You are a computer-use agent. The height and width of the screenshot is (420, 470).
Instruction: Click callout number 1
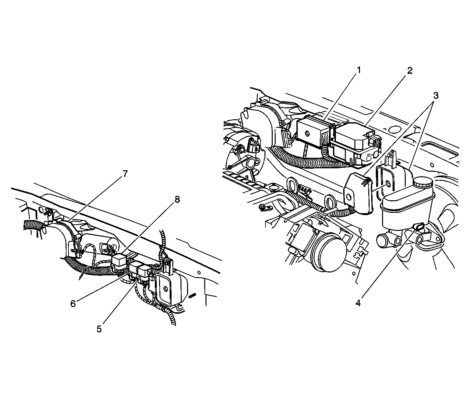[x=358, y=70]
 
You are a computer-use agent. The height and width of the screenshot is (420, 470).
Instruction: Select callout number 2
[x=410, y=70]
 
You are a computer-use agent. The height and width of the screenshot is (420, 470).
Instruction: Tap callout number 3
[x=435, y=95]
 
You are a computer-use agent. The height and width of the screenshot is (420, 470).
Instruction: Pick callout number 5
[x=99, y=329]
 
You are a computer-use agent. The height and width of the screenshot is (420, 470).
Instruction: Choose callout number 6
[x=73, y=303]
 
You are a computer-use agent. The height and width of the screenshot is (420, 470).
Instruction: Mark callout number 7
[x=125, y=174]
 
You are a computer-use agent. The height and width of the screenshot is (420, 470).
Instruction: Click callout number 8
[x=177, y=200]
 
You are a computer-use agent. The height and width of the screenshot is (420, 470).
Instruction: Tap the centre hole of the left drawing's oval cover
[x=165, y=289]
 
